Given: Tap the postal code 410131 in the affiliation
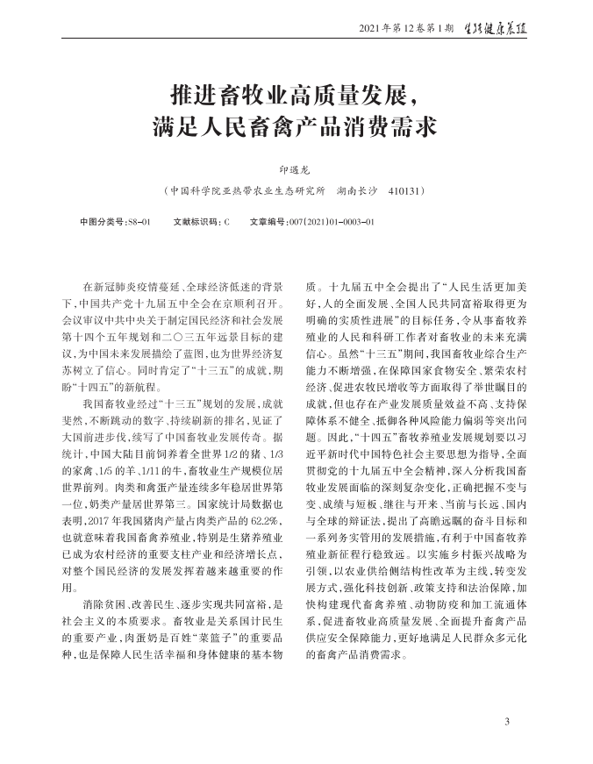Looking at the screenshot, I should click(x=405, y=190).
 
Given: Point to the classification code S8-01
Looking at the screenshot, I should click(x=139, y=222).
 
